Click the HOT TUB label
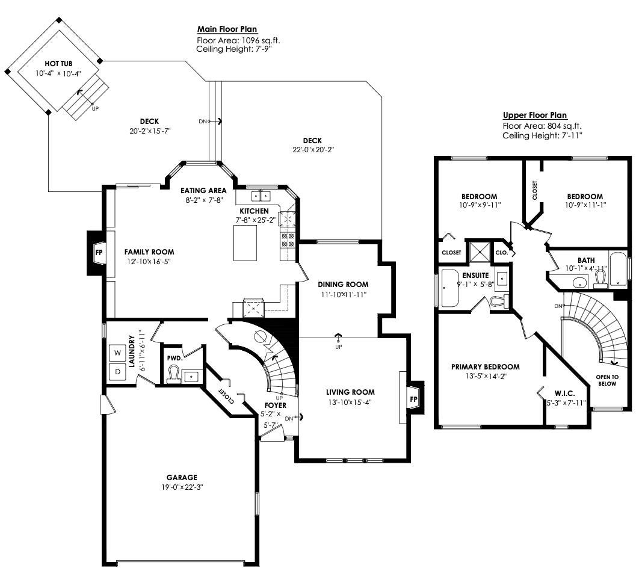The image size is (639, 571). (59, 64)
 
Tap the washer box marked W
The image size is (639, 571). (118, 353)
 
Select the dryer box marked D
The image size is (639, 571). (118, 372)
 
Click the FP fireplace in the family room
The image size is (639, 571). (96, 253)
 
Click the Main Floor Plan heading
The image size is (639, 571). (227, 29)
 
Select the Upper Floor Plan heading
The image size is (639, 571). (535, 115)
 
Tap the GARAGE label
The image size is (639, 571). (182, 477)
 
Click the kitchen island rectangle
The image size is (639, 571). (245, 243)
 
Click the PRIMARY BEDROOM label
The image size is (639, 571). (486, 367)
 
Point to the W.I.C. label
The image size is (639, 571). (565, 394)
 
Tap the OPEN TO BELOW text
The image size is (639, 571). (607, 380)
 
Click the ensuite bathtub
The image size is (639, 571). (450, 288)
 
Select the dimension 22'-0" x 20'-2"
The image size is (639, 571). (313, 150)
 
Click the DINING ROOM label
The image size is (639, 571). (343, 285)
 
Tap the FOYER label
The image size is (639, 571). (276, 406)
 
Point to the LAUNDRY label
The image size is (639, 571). (132, 351)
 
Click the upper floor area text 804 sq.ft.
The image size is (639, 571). (564, 126)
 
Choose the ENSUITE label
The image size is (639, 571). (475, 276)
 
